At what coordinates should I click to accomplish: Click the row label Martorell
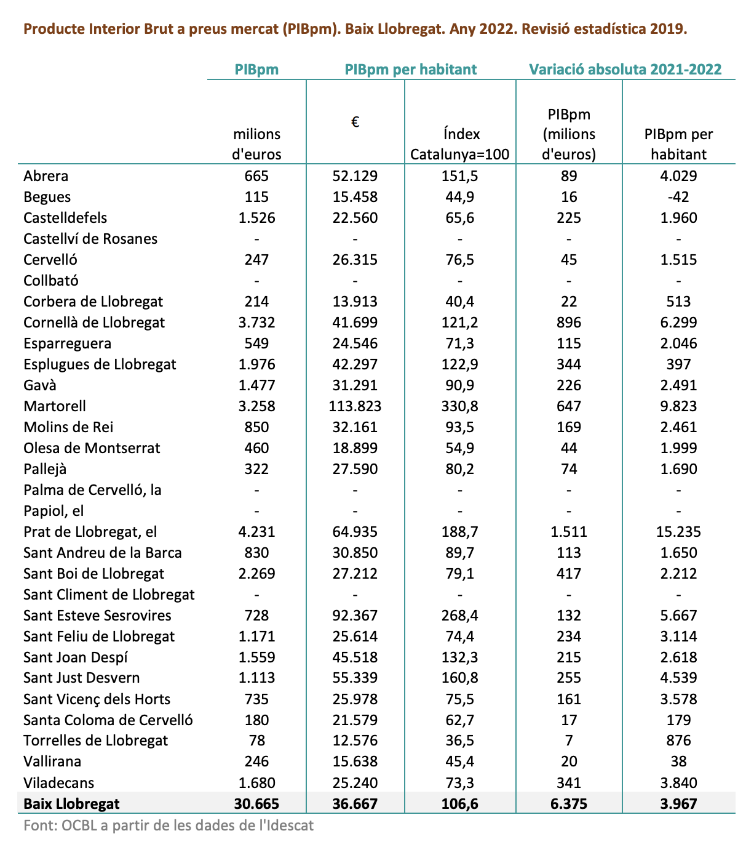tap(55, 406)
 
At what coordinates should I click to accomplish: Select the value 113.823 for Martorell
tap(355, 406)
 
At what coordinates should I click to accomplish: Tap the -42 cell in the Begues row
tap(678, 197)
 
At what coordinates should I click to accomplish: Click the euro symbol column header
tap(355, 122)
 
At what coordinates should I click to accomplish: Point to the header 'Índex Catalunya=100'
tap(460, 144)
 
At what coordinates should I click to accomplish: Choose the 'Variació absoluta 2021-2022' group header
tap(625, 70)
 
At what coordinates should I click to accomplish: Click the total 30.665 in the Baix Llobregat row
tap(256, 804)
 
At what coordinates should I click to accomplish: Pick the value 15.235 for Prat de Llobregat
tap(678, 532)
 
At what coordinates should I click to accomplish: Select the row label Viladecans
tap(59, 783)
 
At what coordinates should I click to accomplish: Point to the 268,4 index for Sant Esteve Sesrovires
tap(460, 616)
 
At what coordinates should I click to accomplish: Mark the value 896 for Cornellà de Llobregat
tap(569, 323)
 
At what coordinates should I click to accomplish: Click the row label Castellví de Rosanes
tap(90, 239)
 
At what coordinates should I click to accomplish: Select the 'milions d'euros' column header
tap(256, 144)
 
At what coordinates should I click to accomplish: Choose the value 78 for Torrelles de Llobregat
tap(256, 741)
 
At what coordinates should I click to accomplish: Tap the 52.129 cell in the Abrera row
tap(355, 176)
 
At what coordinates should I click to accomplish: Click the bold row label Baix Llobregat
tap(71, 804)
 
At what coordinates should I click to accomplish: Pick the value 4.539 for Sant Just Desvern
tap(678, 678)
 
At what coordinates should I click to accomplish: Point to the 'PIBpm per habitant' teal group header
tap(411, 70)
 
